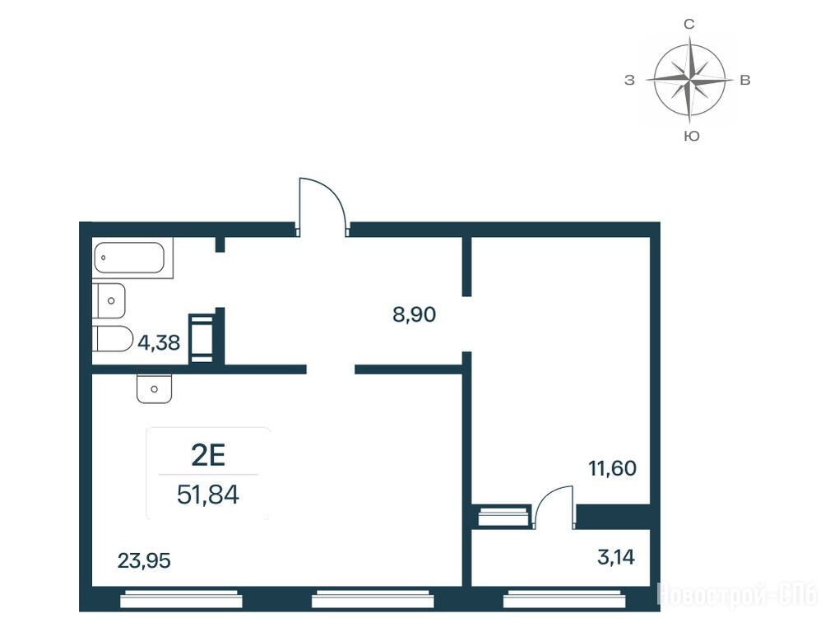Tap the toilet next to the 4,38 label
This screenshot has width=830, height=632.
coord(113,338)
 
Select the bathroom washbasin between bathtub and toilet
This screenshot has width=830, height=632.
coord(109,300)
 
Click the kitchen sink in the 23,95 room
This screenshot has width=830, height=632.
coord(154,388)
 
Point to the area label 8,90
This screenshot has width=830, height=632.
coord(414,314)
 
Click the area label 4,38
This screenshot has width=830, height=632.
coord(159,343)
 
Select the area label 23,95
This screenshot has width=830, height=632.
coord(144,560)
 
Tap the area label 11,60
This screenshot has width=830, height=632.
coord(613,468)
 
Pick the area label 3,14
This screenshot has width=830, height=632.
coord(615,557)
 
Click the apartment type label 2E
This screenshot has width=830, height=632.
coord(208,455)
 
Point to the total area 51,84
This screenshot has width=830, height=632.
coord(208,495)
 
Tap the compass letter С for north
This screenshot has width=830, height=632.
coord(689,24)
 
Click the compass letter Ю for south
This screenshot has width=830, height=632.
coord(691,136)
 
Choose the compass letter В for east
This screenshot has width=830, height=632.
coord(744,80)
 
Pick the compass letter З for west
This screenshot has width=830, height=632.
coord(629,81)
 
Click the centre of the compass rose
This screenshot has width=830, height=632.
coord(689,81)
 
